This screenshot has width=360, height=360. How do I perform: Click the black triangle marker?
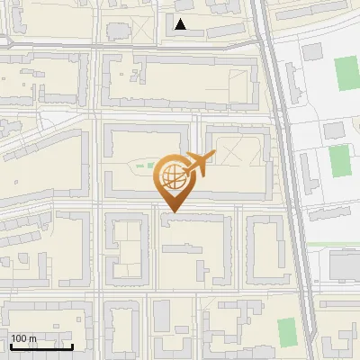pos(181,24)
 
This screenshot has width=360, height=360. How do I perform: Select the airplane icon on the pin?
pos(200,163)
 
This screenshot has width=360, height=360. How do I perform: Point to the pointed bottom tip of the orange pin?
pos(172,211)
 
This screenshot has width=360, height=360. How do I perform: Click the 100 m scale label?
pos(23,339)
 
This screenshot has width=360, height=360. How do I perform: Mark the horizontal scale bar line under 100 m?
pos(40,347)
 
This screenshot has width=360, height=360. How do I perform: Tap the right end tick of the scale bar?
pos(72,346)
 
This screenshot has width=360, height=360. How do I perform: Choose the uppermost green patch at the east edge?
pos(346,74)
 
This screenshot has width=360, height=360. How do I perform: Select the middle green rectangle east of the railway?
pos(338,161)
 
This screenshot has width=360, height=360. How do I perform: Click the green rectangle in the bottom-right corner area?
pos(286,331)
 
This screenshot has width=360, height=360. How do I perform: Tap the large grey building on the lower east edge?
pos(344,265)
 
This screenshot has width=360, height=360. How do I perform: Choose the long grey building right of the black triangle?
pos(216,32)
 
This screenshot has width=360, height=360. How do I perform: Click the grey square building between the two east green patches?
pos(334,130)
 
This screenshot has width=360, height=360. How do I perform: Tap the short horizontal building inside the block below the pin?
pos(184,221)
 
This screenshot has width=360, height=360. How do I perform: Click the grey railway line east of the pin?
pos(287,180)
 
